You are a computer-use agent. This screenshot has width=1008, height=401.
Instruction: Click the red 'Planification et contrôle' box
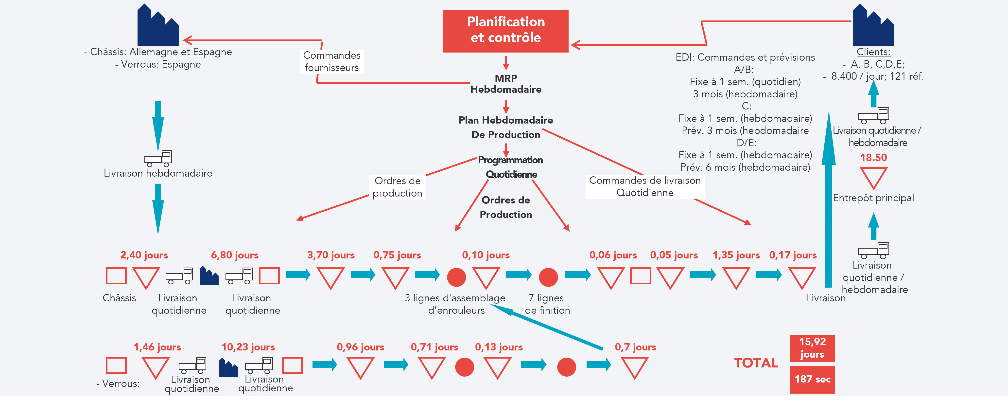505,31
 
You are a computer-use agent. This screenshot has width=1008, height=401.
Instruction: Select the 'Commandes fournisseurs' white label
331,61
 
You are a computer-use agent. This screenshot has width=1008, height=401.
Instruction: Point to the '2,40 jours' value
144,255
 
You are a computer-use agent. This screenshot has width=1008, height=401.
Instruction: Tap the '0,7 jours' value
635,347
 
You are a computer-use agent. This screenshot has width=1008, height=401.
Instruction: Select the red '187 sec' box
812,379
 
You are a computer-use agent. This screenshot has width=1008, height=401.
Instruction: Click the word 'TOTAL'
756,363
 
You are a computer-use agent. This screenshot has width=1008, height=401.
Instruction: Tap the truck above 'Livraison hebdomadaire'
158,158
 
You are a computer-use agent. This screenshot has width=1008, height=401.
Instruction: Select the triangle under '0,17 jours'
801,276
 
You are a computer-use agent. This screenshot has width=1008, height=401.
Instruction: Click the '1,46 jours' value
157,347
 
